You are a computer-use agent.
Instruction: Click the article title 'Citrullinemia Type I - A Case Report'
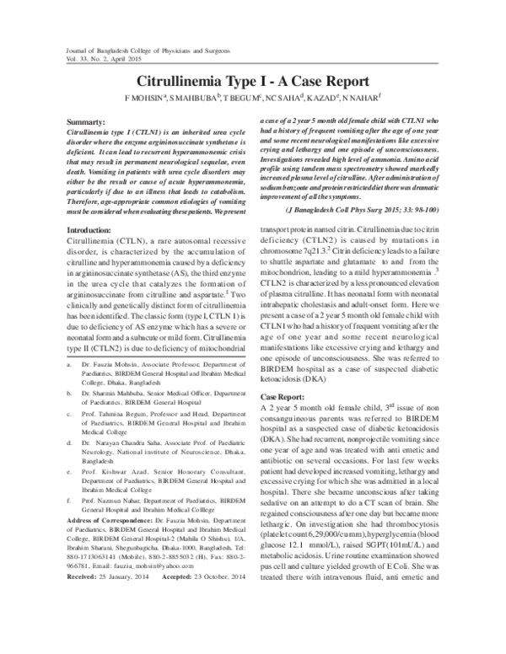(247, 82)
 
